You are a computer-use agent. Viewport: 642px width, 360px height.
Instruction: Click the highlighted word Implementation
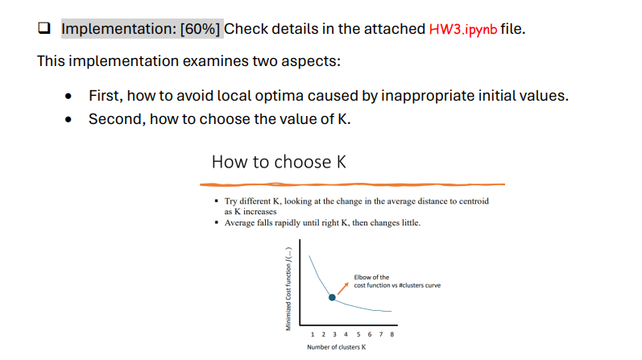(119, 30)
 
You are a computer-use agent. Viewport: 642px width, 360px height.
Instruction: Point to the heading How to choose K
(279, 162)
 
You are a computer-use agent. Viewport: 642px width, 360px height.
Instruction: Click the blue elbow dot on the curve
(332, 297)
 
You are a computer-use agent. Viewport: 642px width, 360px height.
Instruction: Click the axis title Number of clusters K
(336, 347)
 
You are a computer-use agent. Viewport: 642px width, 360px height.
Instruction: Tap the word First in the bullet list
(103, 96)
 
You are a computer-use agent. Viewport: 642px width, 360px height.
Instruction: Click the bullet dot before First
(70, 97)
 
